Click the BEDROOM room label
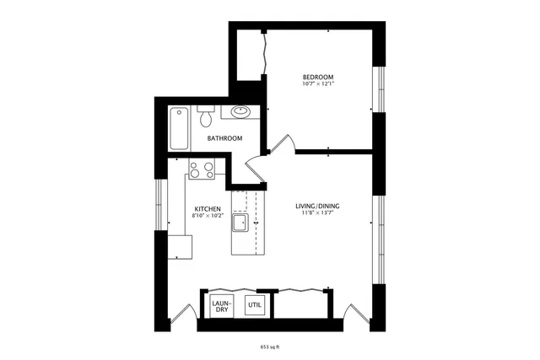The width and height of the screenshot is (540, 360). click(x=319, y=75)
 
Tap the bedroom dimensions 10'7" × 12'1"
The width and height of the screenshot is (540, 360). click(x=319, y=83)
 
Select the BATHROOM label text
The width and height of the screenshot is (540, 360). click(x=225, y=138)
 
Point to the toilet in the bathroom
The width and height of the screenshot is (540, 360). click(x=205, y=116)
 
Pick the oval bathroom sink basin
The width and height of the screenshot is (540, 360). click(x=240, y=111)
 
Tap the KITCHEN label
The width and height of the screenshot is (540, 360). click(x=208, y=209)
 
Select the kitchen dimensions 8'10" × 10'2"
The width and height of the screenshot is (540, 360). click(x=208, y=217)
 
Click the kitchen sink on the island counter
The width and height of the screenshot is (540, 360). click(x=240, y=223)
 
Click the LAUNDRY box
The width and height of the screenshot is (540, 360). click(x=221, y=305)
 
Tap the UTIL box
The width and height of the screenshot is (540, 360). click(x=254, y=305)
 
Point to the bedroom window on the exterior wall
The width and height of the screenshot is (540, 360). click(x=380, y=88)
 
